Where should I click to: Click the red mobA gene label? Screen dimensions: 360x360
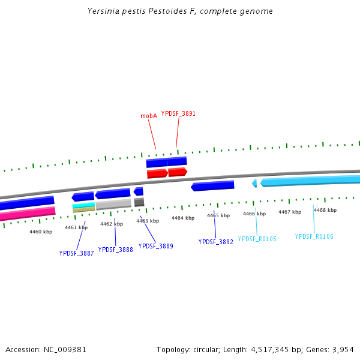(x=149, y=116)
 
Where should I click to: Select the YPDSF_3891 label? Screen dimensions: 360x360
(x=178, y=113)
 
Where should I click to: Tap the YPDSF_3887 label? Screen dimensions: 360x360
(x=76, y=253)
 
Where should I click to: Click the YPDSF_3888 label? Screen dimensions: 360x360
(x=116, y=250)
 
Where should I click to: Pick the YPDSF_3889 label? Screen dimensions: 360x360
(x=155, y=246)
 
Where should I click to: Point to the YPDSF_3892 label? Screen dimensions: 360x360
(x=215, y=242)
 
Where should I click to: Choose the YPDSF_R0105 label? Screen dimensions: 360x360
(x=257, y=239)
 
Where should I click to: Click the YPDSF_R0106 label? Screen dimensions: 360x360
(x=314, y=236)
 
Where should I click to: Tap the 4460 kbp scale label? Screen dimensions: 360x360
(x=41, y=232)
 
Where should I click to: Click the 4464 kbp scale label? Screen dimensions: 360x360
(x=183, y=218)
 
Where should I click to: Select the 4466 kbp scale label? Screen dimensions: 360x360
(x=254, y=214)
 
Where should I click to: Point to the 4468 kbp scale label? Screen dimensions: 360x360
(x=325, y=210)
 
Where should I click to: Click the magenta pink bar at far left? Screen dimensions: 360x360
(x=27, y=213)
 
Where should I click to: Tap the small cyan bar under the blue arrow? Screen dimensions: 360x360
(x=84, y=205)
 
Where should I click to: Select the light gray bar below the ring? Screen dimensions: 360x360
(x=113, y=204)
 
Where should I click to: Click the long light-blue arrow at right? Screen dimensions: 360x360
(x=310, y=181)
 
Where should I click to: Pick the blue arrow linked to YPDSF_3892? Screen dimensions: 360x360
(x=213, y=186)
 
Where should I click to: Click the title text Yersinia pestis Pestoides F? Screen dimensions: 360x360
(x=180, y=11)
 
